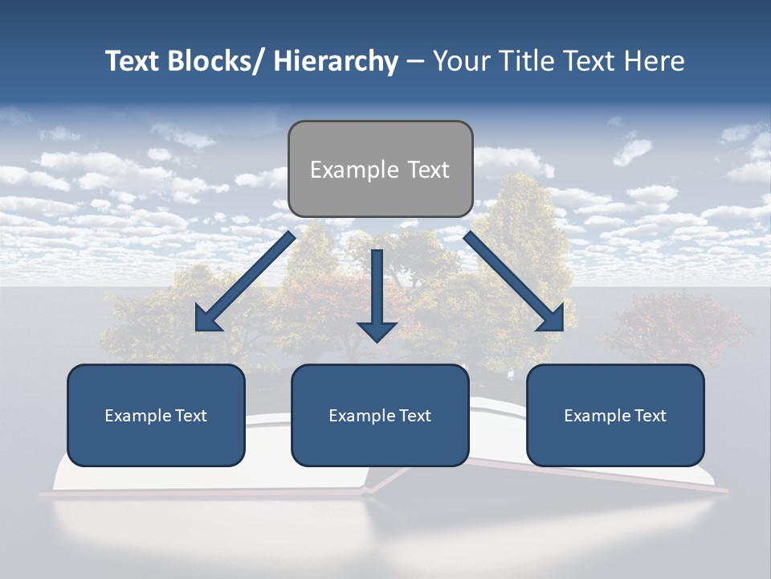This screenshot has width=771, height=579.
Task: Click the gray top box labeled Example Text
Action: (x=380, y=169)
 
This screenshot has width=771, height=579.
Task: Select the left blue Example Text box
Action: (x=156, y=415)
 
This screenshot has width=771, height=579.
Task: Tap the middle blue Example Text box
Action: (x=380, y=415)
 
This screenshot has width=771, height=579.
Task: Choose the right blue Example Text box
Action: (x=615, y=415)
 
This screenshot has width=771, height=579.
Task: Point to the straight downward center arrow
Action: (x=377, y=289)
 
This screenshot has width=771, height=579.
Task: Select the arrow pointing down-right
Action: (x=514, y=281)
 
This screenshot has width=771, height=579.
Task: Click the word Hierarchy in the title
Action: (x=336, y=61)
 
